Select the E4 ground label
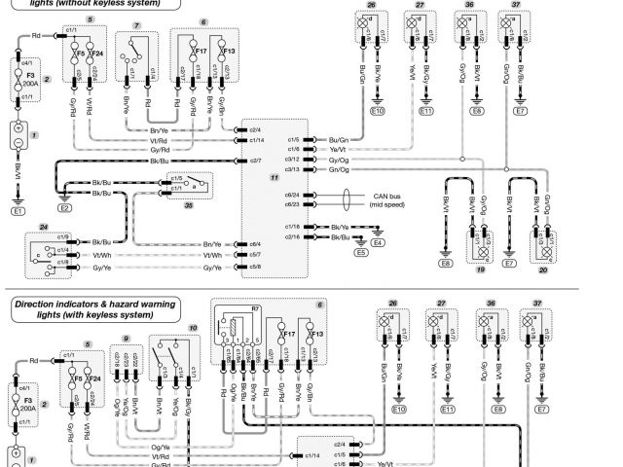click(378, 242)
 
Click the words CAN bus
click(386, 196)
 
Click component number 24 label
click(44, 227)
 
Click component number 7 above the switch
click(137, 22)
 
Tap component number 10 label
click(193, 328)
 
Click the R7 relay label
click(255, 307)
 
